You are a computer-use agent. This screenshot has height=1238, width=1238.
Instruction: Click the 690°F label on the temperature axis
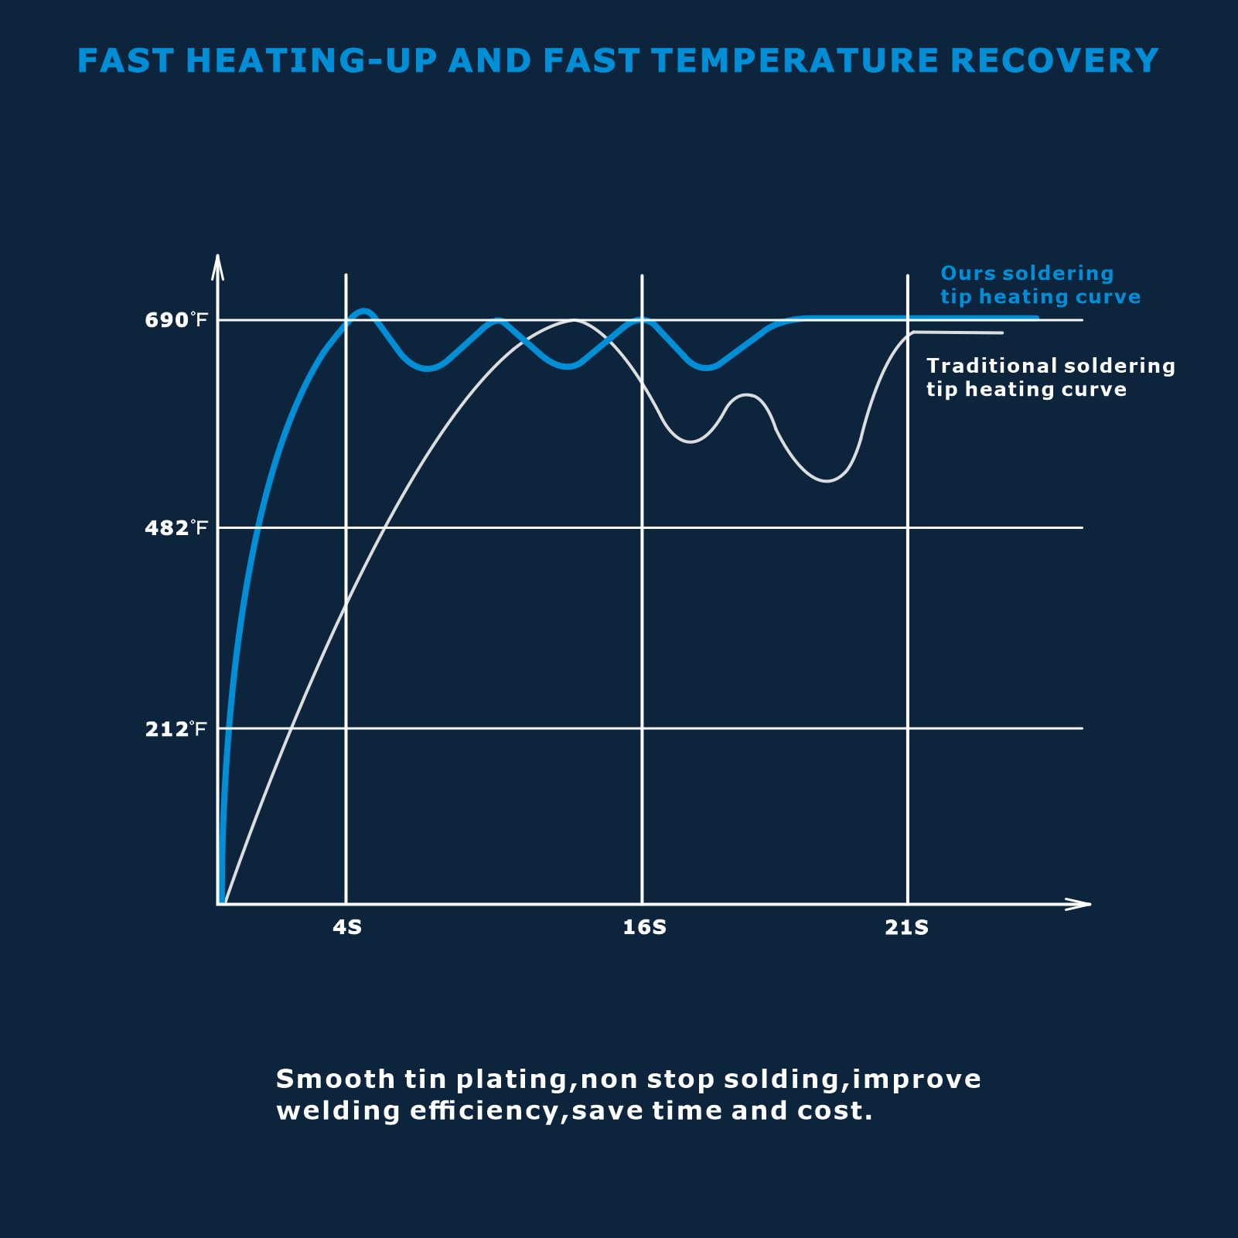[x=176, y=320]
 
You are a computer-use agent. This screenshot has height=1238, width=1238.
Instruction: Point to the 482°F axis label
[x=176, y=528]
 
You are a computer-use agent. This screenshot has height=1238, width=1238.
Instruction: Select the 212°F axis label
[x=176, y=729]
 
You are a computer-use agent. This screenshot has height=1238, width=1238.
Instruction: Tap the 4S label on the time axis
[x=347, y=927]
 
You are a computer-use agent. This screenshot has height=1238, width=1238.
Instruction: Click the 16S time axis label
[x=644, y=927]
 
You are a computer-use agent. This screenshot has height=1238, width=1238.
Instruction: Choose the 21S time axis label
[x=906, y=927]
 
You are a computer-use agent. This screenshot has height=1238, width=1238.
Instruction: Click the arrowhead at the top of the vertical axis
[x=218, y=264]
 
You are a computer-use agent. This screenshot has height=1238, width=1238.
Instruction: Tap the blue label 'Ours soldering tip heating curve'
[x=1039, y=285]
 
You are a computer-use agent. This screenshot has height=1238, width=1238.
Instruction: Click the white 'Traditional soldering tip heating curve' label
[x=1050, y=377]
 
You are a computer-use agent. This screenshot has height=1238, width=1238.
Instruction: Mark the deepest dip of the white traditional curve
[x=827, y=480]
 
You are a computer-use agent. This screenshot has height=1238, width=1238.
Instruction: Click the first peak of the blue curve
[x=364, y=311]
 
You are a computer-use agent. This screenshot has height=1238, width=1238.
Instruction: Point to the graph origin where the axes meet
[x=219, y=903]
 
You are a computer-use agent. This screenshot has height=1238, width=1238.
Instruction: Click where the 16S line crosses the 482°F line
[x=642, y=527]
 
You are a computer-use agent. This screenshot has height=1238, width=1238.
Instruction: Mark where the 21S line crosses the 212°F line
[x=908, y=728]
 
